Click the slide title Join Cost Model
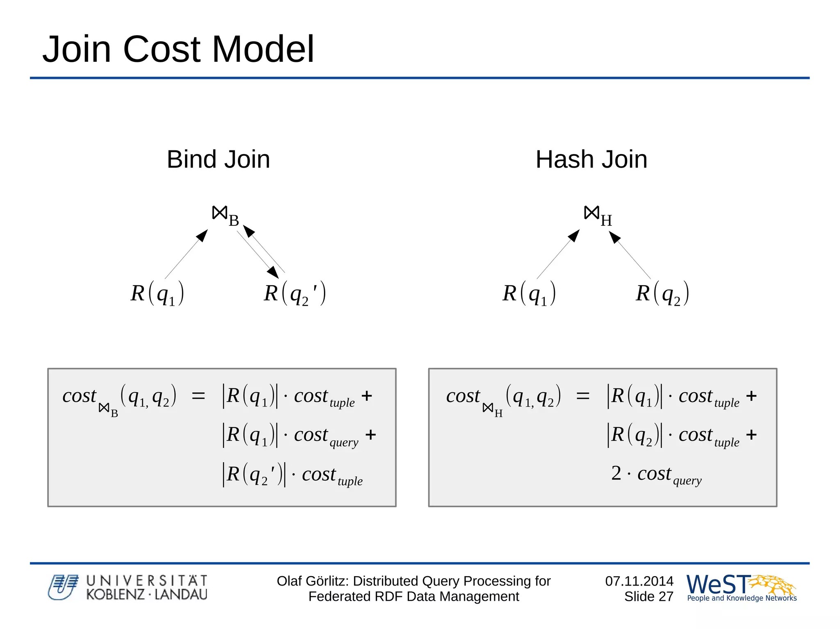click(178, 49)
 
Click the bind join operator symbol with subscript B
click(225, 215)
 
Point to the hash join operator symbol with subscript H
click(597, 215)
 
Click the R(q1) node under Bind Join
click(157, 293)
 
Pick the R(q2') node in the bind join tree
click(294, 293)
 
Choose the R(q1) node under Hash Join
click(529, 293)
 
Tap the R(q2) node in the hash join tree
click(662, 293)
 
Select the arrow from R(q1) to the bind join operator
click(187, 254)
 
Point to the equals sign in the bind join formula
click(199, 396)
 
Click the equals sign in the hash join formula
click(583, 396)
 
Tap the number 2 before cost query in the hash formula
click(616, 473)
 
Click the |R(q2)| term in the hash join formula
click(634, 435)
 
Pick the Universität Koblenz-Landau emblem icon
click(63, 587)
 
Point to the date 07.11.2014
click(639, 581)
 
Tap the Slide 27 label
click(648, 597)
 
